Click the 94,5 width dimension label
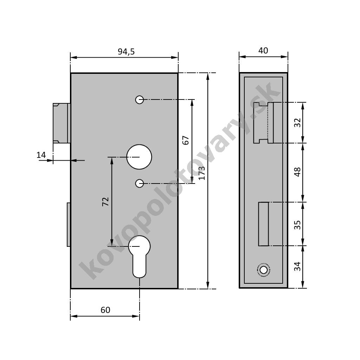126,52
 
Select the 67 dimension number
186,140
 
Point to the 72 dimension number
105,201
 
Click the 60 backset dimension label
105,310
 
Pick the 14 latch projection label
41,155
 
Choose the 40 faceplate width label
263,51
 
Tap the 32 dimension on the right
297,123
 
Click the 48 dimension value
297,172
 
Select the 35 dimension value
297,225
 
